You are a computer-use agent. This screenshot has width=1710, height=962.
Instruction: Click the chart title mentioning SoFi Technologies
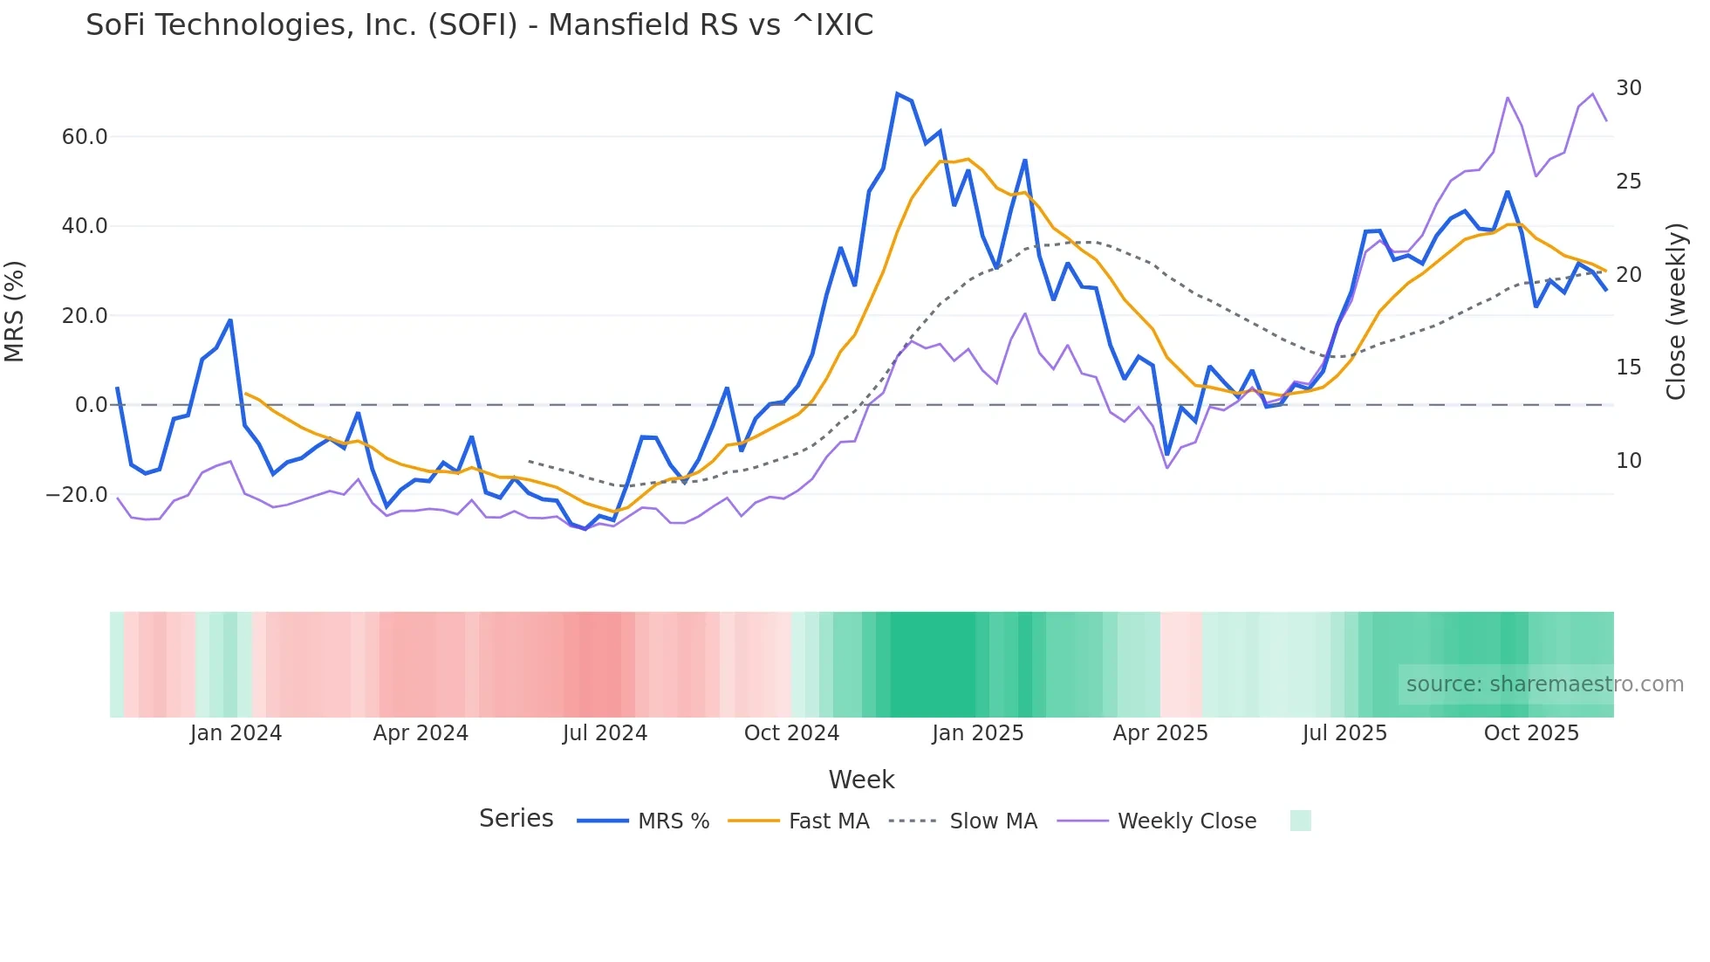tap(479, 25)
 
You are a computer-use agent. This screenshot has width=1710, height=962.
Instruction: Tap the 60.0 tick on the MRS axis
tap(85, 137)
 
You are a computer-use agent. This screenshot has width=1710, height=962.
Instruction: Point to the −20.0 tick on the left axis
tap(77, 495)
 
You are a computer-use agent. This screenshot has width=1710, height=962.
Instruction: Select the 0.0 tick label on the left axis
tap(92, 405)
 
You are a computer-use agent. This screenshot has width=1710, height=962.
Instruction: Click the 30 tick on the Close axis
tap(1629, 88)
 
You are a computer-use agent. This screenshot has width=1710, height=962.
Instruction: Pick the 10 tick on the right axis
tap(1629, 461)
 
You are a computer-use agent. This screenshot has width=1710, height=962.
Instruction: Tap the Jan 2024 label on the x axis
tap(236, 733)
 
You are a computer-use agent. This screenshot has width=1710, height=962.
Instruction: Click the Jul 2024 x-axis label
tap(605, 733)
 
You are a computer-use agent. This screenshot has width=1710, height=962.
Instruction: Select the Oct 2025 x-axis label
tap(1531, 733)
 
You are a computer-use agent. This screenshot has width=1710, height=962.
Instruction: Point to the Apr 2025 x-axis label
tap(1160, 733)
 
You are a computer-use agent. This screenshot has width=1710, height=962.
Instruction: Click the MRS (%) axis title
tap(15, 312)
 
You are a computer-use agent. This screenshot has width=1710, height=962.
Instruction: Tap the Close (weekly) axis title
tap(1676, 312)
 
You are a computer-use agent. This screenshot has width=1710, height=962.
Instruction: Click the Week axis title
tap(861, 780)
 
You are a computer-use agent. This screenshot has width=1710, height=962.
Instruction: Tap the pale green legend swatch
tap(1300, 821)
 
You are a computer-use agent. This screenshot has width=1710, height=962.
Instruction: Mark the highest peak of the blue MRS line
tap(897, 93)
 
